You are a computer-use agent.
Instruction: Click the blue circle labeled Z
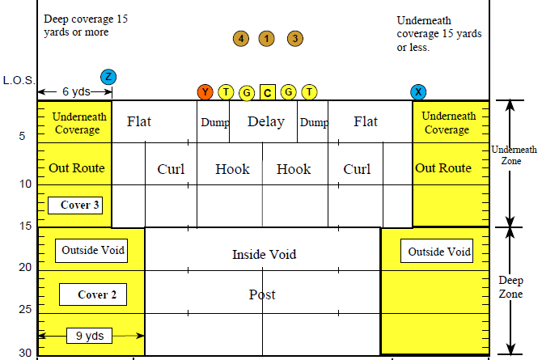click(x=108, y=77)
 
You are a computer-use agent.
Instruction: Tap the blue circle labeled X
click(x=418, y=91)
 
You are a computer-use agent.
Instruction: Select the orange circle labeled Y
click(x=205, y=92)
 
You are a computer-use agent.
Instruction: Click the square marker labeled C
click(x=268, y=92)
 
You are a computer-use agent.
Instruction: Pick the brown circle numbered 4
click(x=239, y=38)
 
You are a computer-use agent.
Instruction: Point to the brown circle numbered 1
click(x=266, y=38)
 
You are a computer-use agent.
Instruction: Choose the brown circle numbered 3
click(x=295, y=38)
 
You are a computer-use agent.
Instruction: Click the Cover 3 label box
click(x=80, y=205)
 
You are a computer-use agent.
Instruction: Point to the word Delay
click(x=266, y=122)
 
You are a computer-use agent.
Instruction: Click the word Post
click(x=262, y=294)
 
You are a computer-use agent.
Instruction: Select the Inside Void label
click(x=264, y=254)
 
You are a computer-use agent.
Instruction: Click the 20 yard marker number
click(x=25, y=267)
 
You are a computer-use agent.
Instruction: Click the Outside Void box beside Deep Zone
click(x=437, y=251)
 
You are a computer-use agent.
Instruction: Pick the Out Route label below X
click(x=442, y=168)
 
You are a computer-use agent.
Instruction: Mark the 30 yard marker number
click(x=25, y=352)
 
